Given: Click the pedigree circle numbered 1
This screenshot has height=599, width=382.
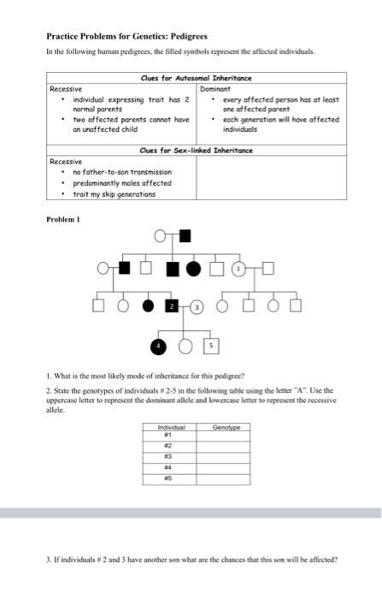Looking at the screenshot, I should [240, 269].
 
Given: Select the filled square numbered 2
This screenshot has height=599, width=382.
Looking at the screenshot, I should [171, 305].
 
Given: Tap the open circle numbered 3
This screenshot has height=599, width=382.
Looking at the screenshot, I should [197, 305].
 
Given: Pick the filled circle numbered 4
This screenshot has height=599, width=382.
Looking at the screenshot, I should [157, 346].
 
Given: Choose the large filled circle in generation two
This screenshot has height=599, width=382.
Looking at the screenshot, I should [193, 270].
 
